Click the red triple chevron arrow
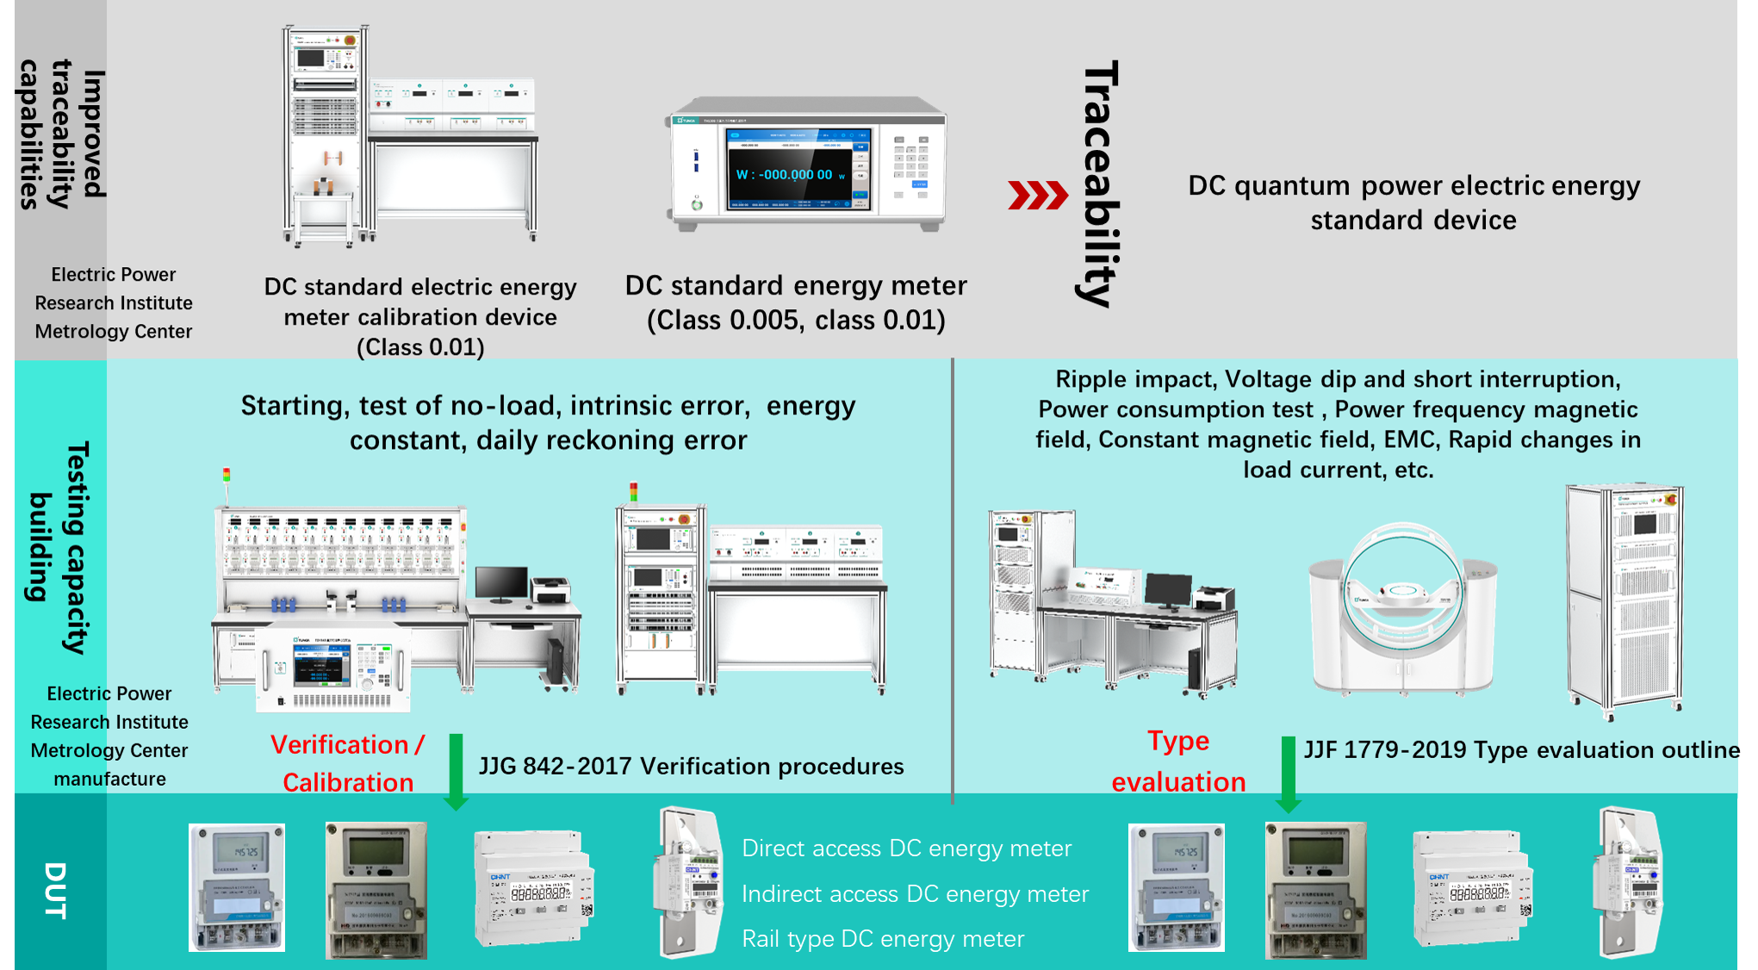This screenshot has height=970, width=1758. (1037, 196)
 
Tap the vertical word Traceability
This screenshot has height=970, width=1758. (1100, 183)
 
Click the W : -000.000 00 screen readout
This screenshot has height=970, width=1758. (785, 175)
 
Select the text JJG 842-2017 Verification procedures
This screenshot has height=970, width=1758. (691, 766)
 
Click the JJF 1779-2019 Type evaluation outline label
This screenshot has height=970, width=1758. (1520, 749)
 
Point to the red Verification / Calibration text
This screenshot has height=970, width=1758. (348, 763)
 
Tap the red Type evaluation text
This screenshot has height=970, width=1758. (1178, 762)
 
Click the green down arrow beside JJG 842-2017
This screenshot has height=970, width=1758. (456, 772)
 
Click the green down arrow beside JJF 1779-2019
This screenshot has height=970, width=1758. (1288, 774)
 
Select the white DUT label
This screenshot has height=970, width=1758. (55, 890)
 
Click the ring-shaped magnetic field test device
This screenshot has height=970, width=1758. (1402, 607)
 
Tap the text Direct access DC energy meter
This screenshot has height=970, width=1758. (906, 849)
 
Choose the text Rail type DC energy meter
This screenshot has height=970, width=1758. (883, 939)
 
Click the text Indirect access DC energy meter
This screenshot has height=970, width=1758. (915, 894)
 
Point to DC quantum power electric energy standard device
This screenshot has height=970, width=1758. (1413, 202)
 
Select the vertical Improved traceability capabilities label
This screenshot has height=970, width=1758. (62, 134)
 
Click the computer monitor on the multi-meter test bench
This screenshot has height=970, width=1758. (501, 584)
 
